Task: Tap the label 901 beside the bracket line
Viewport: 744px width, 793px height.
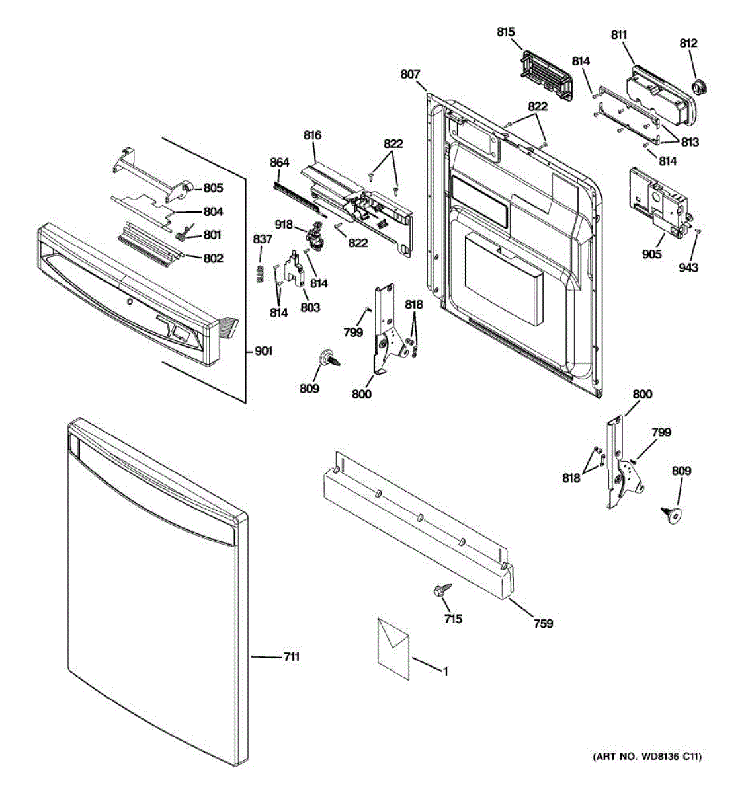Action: tap(263, 351)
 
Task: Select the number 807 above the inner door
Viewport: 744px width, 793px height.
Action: tap(411, 74)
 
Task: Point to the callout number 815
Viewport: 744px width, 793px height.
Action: tap(506, 32)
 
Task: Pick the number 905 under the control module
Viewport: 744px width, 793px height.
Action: tap(651, 254)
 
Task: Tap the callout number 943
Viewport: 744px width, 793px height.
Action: tap(688, 268)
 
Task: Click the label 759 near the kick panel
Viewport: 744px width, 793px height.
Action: tap(544, 623)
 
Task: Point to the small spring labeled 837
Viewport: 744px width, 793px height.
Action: tap(261, 274)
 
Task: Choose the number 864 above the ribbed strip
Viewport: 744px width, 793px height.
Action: tap(280, 163)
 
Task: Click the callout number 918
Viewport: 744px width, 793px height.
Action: tap(284, 225)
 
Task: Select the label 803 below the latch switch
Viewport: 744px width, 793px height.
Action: tap(310, 307)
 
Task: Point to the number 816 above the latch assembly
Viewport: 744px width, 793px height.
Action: tap(312, 135)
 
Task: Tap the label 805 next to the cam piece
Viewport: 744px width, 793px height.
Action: tap(214, 188)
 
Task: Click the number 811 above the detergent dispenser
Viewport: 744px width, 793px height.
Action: tap(619, 35)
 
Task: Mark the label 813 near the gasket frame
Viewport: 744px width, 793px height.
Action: tap(690, 142)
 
